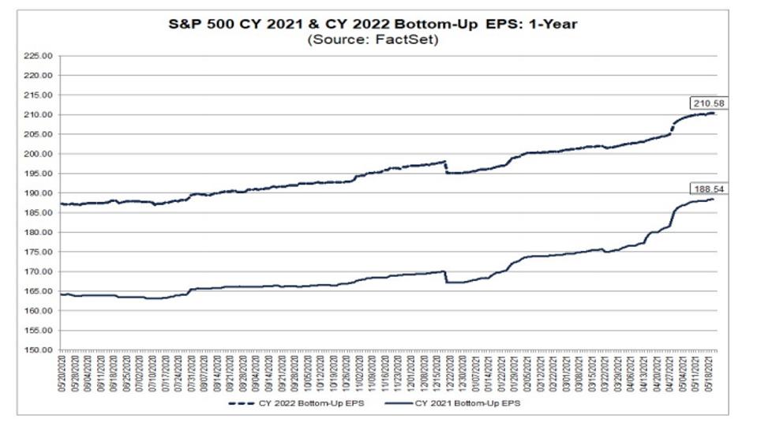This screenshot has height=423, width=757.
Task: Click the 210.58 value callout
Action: point(706,103)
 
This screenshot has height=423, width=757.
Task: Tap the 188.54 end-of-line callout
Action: point(706,189)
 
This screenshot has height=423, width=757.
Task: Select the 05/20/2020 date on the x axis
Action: point(62,372)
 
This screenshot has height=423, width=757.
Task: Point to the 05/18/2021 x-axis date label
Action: point(714,372)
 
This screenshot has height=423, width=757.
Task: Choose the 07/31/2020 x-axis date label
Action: point(191,372)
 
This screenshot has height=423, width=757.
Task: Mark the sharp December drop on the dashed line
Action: point(447,167)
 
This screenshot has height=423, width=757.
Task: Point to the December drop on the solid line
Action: point(447,277)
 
